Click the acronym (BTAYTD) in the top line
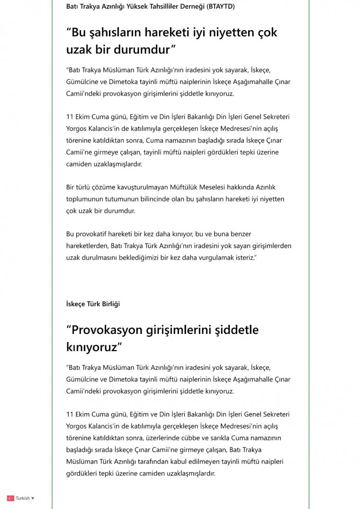point(219,6)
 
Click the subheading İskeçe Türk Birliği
point(93,304)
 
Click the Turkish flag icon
point(10,498)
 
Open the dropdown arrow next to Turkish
point(33,498)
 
